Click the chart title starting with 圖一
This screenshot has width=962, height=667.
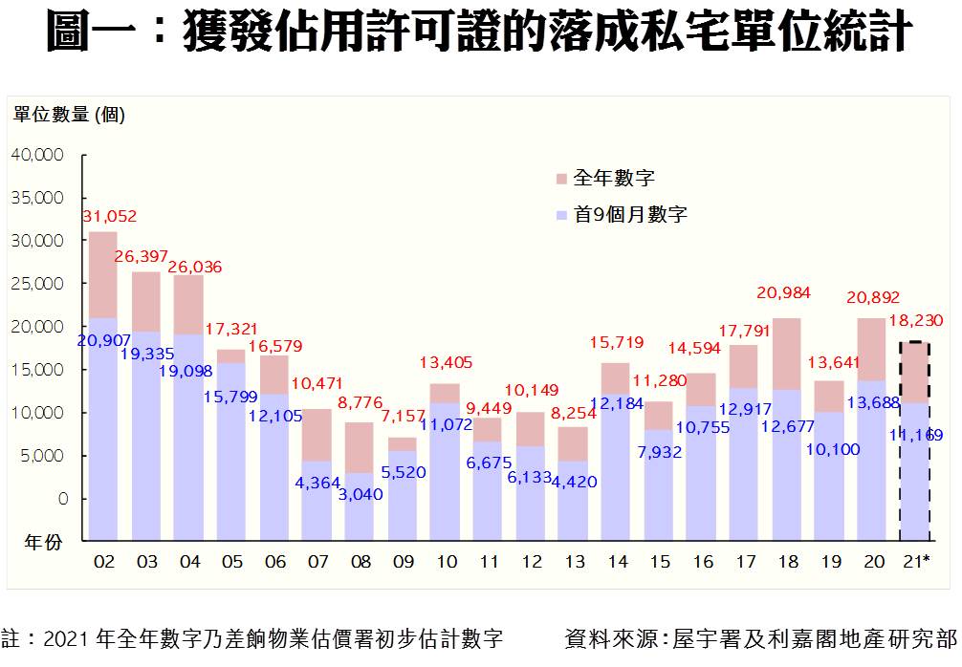[480, 34]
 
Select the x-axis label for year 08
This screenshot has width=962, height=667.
[360, 562]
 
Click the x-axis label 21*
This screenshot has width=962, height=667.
[916, 562]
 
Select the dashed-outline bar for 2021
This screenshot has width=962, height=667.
[915, 440]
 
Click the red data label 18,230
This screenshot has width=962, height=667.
[913, 322]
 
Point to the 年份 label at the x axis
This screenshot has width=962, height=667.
[43, 542]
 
